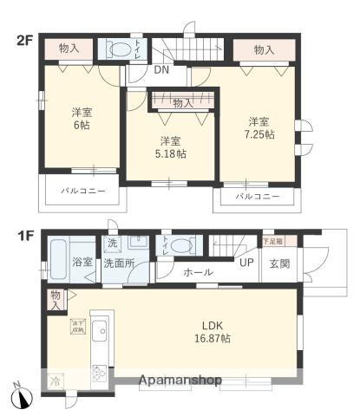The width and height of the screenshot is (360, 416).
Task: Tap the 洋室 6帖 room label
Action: pos(81,118)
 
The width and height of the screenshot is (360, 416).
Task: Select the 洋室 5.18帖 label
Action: pos(169,146)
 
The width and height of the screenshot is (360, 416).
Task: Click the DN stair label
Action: pos(162,72)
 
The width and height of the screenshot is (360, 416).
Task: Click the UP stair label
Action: pos(247,262)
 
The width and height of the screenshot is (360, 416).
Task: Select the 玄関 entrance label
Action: pos(279,263)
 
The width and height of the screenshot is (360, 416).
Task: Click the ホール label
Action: pos(199,271)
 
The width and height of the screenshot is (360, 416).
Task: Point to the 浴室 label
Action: pos(82,260)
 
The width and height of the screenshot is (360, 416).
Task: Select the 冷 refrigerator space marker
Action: pos(56,380)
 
